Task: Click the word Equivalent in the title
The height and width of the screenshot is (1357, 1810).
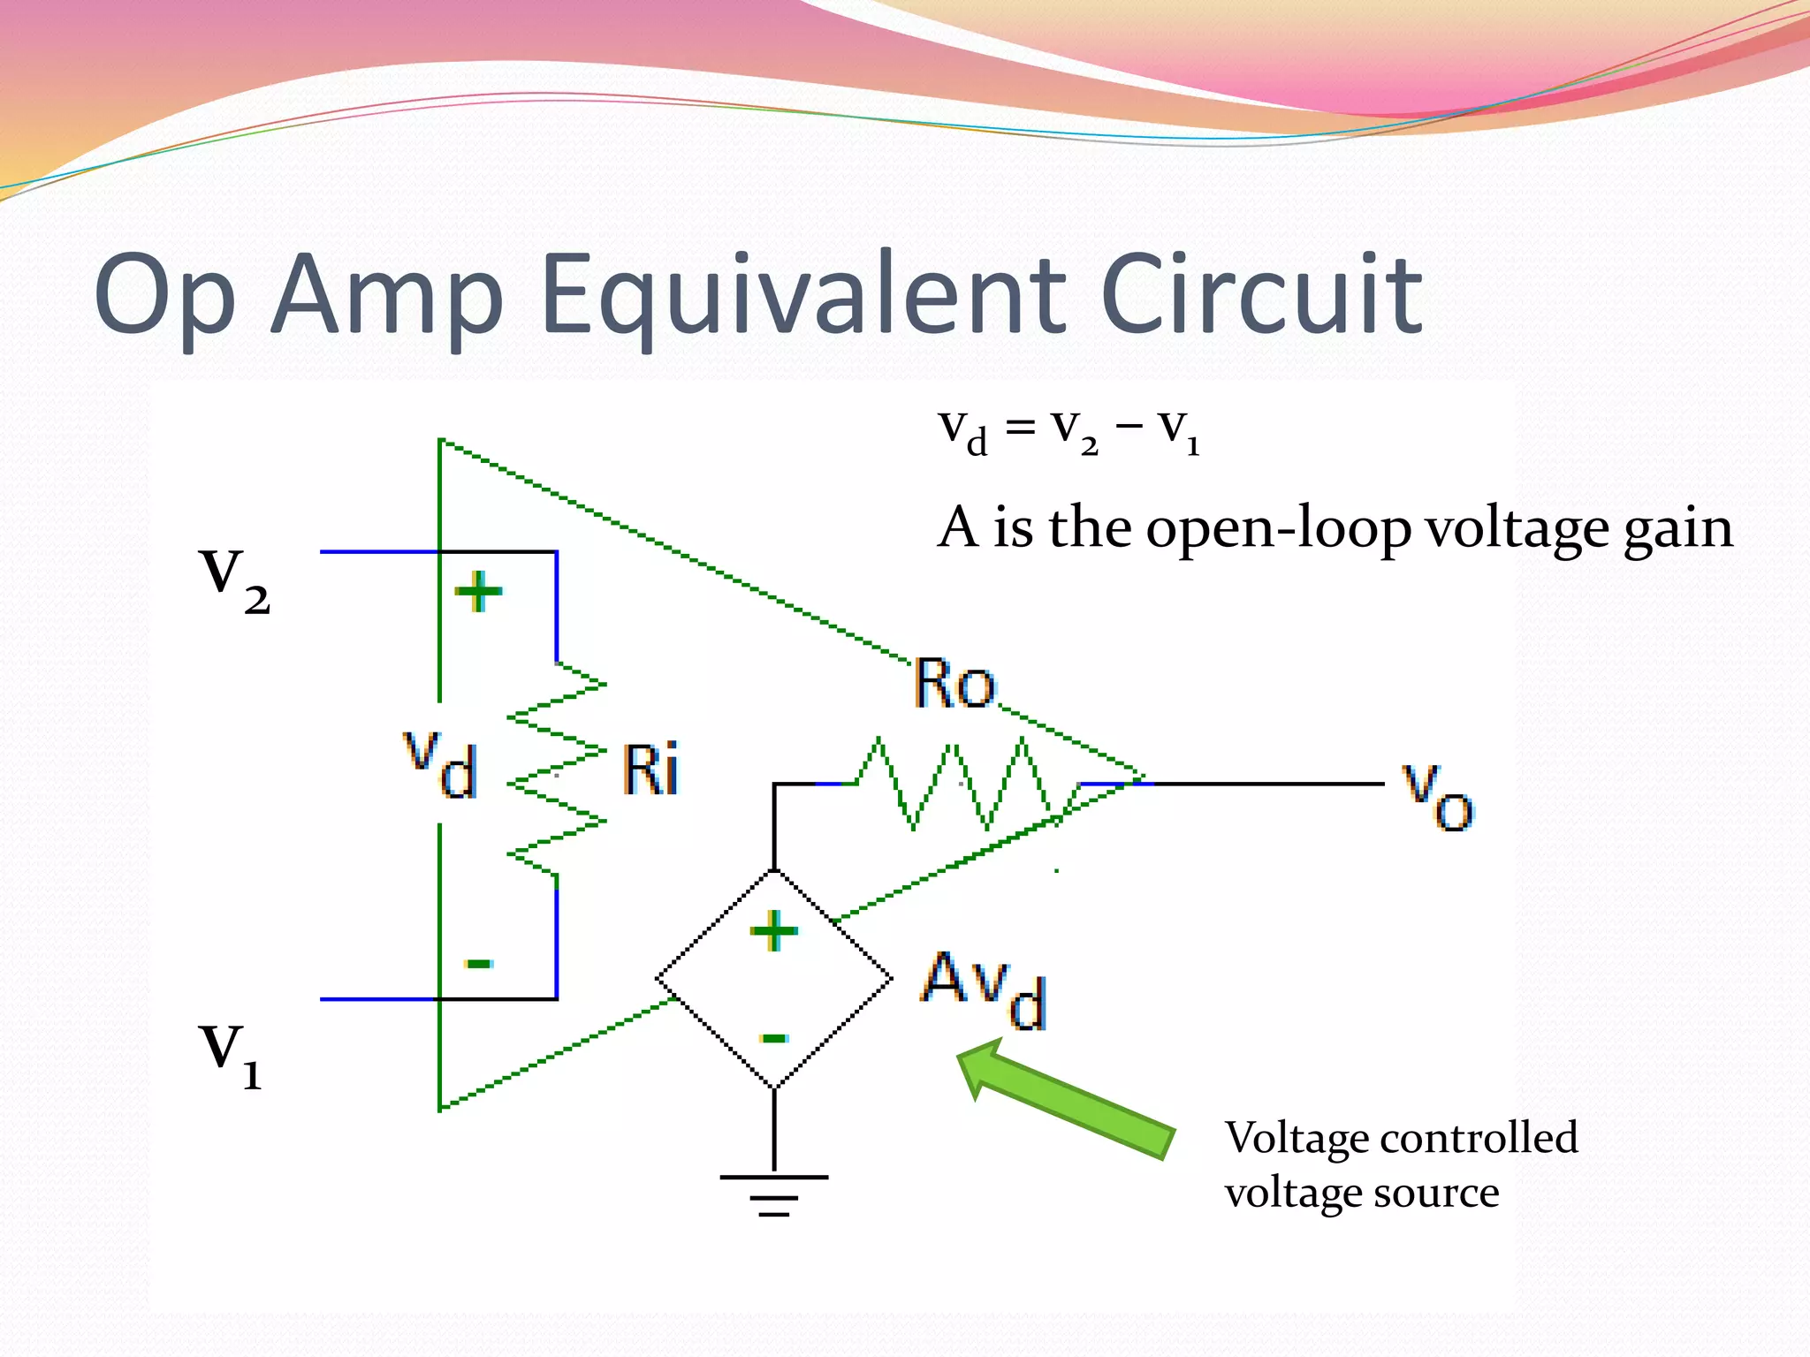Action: (802, 296)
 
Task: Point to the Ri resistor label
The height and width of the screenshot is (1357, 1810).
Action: (650, 770)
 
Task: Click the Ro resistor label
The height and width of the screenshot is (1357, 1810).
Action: (954, 684)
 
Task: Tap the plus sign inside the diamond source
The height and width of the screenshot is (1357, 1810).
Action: (774, 931)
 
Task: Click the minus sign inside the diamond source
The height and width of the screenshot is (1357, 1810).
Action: (774, 1038)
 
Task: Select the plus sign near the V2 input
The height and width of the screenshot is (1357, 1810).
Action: (478, 591)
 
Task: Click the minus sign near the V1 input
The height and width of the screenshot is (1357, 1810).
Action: (479, 963)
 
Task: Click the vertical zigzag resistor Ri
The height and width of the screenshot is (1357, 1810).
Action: (557, 769)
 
